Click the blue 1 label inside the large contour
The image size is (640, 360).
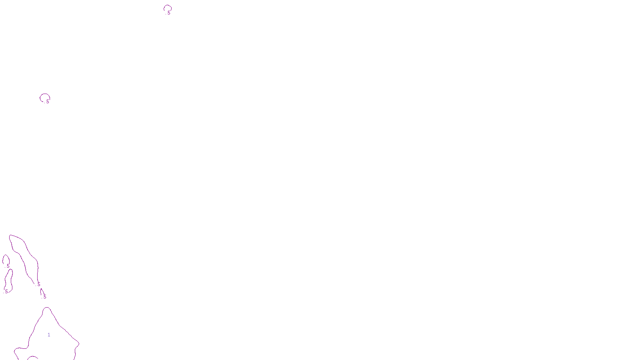pos(49,335)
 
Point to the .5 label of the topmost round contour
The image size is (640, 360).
pos(168,13)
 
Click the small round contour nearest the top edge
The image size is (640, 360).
pos(168,6)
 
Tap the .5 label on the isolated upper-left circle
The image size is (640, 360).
pos(47,102)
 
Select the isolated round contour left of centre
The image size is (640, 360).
pos(44,94)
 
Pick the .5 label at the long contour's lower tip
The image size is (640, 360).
pos(38,284)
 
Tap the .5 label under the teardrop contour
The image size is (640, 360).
pos(8,266)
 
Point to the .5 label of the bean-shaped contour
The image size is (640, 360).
pos(6,292)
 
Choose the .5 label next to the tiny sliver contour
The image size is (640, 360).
pos(44,297)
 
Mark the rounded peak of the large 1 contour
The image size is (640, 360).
pos(47,308)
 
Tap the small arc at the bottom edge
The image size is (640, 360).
pos(32,357)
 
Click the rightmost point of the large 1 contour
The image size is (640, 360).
pos(79,343)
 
